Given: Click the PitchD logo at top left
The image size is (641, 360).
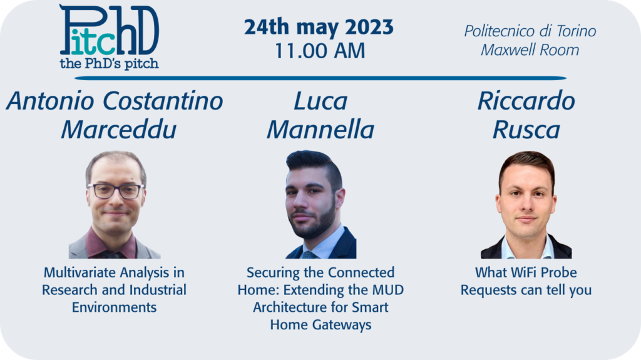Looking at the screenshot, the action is (x=109, y=36).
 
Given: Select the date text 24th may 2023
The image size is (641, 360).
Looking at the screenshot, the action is (x=319, y=28).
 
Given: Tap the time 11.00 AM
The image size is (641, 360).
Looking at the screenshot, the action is (x=320, y=51).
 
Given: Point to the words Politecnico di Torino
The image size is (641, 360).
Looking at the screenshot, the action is (x=530, y=31).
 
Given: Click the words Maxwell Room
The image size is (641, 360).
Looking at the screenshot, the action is (x=530, y=50).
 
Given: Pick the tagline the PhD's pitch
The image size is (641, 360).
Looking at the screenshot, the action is (x=109, y=64).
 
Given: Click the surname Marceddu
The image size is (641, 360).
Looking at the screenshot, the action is (x=118, y=130).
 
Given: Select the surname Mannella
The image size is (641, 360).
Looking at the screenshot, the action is (x=320, y=130).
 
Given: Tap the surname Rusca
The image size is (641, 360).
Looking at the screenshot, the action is (x=526, y=130).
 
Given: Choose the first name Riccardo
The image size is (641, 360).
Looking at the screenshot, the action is (x=526, y=101).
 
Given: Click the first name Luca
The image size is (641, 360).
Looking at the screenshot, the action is (x=320, y=101).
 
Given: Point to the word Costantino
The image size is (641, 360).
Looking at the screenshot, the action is (x=163, y=101).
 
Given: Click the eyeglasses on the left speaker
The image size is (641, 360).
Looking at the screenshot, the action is (x=116, y=191).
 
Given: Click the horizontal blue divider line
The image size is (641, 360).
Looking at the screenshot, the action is (x=320, y=78).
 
